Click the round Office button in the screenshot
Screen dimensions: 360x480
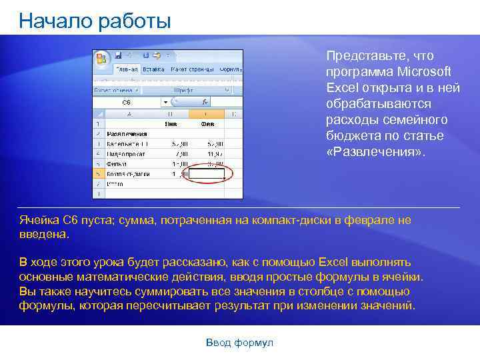(102, 57)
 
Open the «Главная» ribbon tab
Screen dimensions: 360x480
(127, 69)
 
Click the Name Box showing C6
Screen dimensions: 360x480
(127, 102)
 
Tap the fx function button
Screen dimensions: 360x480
(205, 102)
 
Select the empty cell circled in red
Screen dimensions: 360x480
(207, 174)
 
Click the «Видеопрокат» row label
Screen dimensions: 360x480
(126, 154)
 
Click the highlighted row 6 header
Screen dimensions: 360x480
(99, 174)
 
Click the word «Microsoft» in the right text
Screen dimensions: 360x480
(424, 71)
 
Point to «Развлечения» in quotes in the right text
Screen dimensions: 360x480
(375, 152)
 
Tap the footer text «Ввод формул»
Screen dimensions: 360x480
(239, 343)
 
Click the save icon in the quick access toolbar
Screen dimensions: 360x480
(118, 55)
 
